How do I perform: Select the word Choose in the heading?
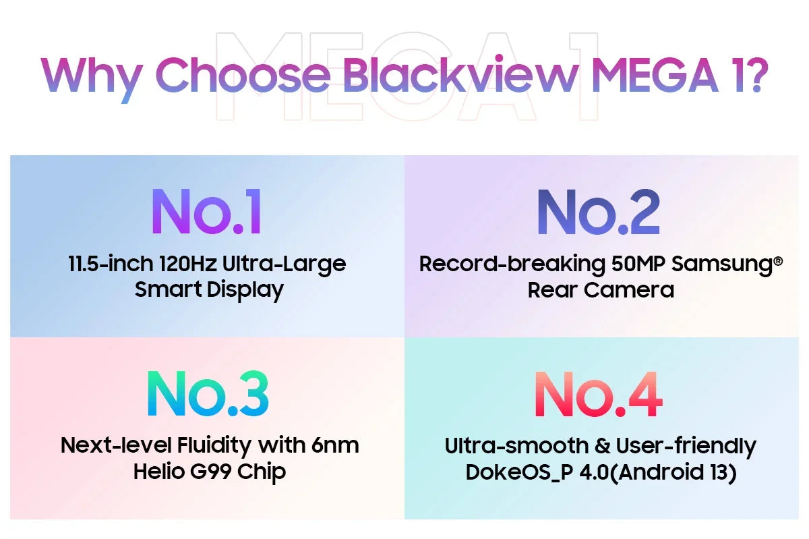pos(243,74)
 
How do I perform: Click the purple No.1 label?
pos(206,211)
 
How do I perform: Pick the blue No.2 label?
pos(599,212)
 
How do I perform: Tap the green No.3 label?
pos(208,393)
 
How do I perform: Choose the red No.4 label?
pos(599,395)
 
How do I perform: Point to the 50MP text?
pos(638,264)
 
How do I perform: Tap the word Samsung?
pos(722,266)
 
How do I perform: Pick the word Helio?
pos(159,471)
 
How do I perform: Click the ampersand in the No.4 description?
pos(602,446)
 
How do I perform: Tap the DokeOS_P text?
pos(519,473)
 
